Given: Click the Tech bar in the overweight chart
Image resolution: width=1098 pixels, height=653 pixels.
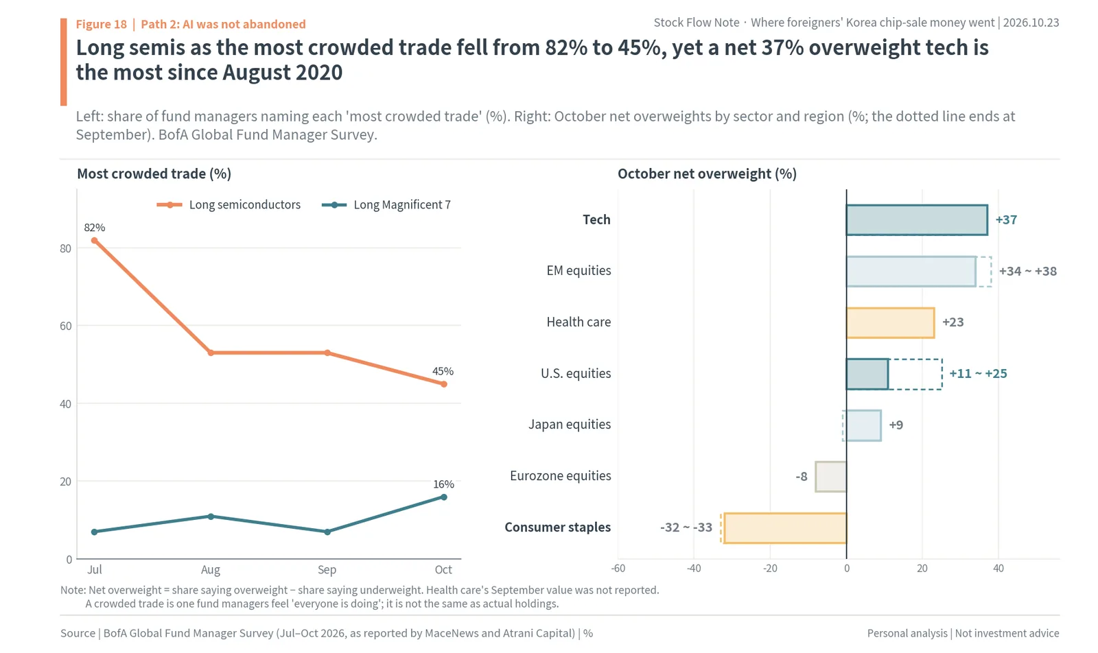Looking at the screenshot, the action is [917, 220].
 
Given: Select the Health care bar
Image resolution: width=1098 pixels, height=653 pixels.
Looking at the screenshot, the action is [890, 323].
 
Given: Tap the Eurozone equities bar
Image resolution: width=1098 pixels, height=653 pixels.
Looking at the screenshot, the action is [831, 477].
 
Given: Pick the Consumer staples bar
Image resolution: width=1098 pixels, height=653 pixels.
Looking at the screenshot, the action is [785, 528].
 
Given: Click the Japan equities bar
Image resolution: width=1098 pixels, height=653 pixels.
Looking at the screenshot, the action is [864, 425].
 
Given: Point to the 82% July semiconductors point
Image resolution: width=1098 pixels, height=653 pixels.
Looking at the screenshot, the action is [94, 241].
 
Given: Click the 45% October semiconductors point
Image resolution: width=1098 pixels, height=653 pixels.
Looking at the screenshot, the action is [443, 384].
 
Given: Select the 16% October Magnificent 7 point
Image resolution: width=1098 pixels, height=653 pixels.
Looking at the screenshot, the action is [443, 497].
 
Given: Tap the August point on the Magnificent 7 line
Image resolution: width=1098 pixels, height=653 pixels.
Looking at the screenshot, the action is [211, 517].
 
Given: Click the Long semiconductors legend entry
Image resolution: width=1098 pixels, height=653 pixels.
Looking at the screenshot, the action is [229, 205].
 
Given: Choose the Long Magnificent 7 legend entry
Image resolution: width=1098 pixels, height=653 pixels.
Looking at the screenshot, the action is [386, 205].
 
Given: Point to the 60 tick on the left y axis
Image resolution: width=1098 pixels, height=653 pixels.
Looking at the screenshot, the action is [66, 326].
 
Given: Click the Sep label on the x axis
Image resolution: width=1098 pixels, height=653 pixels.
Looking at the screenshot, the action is [327, 570].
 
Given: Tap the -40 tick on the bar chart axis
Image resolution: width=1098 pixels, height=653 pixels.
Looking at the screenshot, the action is [694, 568].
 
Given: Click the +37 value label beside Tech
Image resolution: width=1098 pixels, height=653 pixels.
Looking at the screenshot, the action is [1006, 220].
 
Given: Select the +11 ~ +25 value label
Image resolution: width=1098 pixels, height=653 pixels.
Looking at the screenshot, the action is [979, 374].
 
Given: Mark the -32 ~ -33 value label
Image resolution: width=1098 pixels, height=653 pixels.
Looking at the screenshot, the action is [686, 527].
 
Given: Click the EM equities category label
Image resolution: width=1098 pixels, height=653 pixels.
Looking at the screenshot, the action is [579, 271].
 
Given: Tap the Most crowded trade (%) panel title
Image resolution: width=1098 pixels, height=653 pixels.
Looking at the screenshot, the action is [154, 174].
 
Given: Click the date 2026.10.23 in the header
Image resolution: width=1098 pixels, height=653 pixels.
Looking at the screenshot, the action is [1031, 23].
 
